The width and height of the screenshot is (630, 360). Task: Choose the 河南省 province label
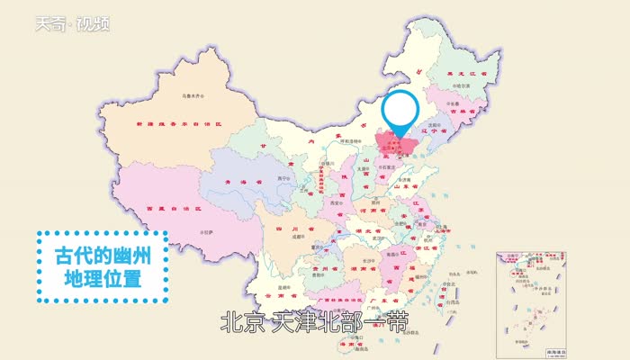tap(378, 212)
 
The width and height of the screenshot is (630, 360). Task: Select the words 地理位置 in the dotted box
tap(102, 278)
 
